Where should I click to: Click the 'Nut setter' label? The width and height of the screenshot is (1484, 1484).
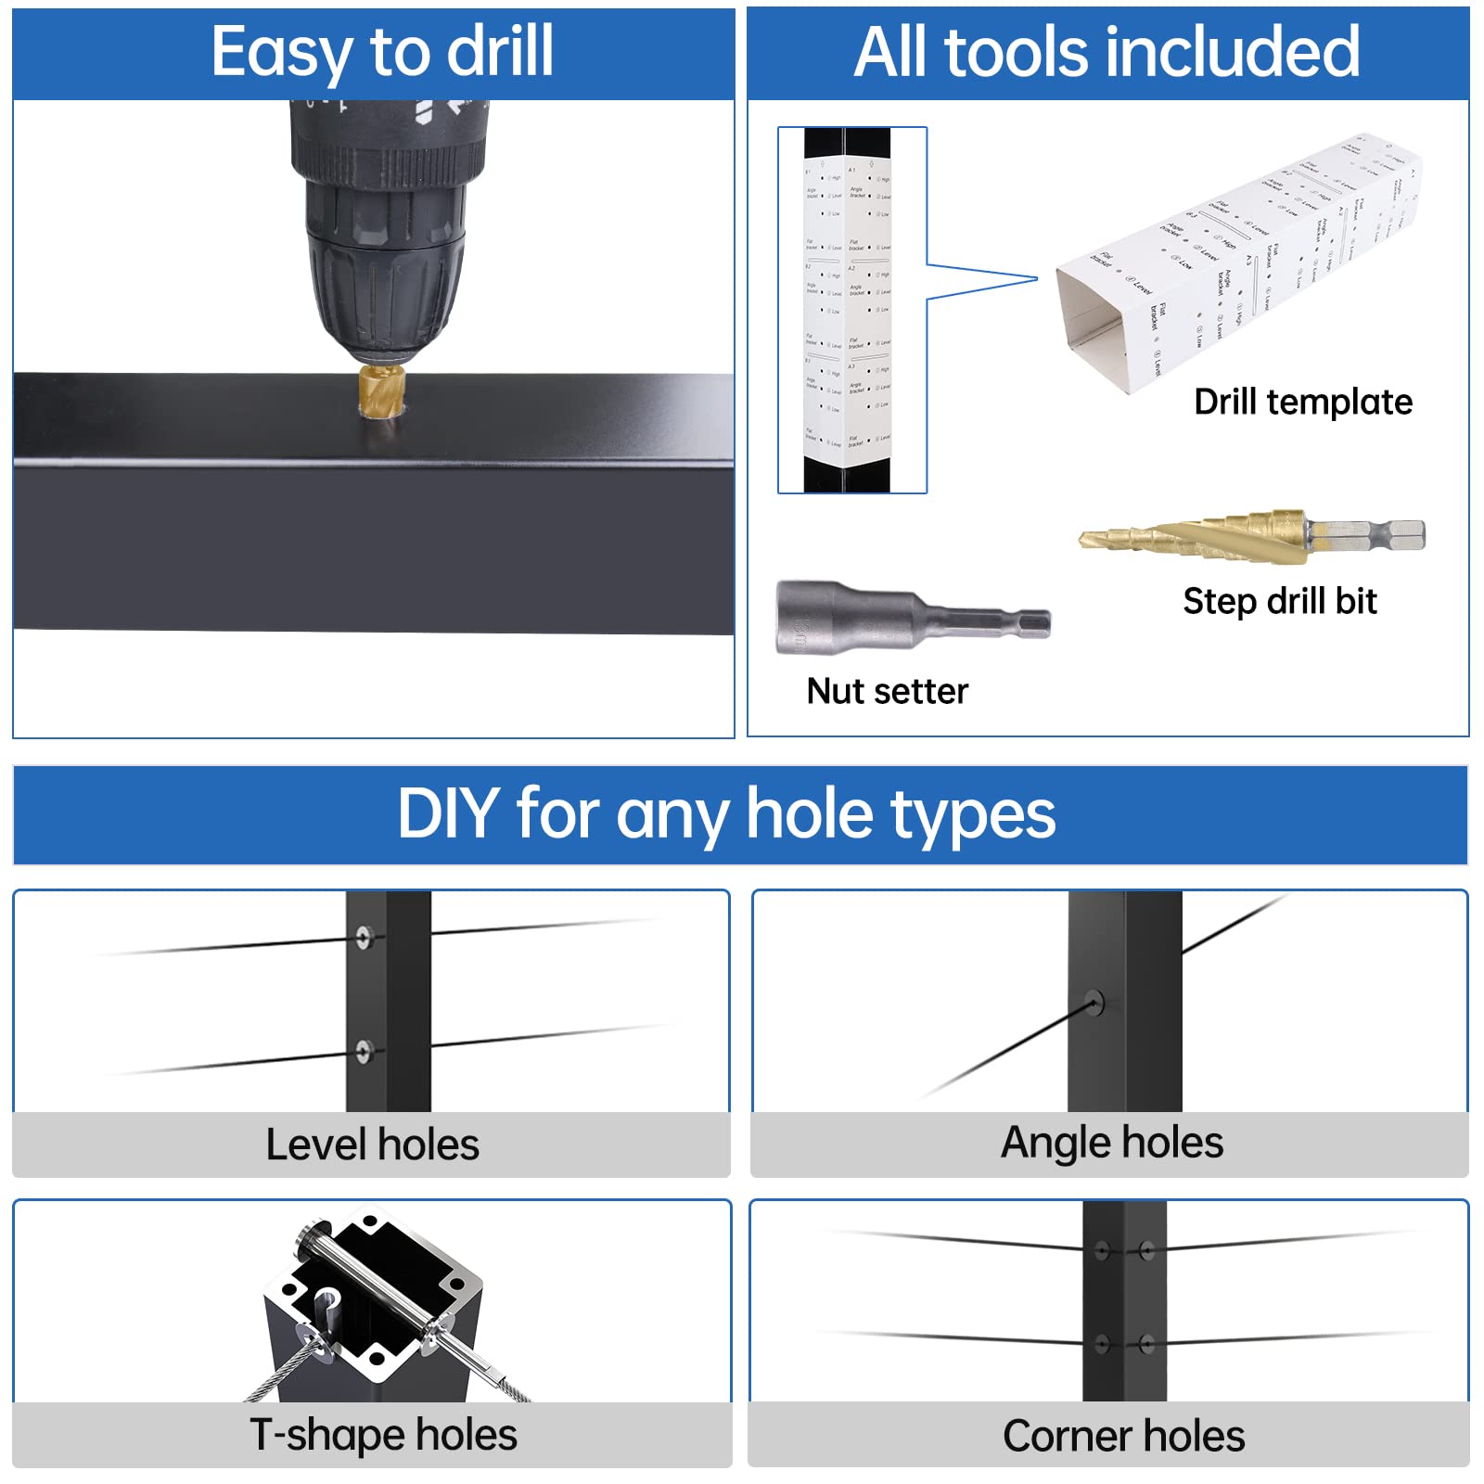tap(887, 692)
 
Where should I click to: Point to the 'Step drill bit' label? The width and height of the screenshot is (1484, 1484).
tap(1279, 602)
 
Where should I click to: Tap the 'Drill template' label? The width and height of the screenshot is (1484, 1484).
tap(1302, 403)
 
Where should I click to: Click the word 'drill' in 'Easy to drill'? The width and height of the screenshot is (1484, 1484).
tap(501, 52)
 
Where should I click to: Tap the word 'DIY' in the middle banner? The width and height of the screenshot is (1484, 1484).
tap(449, 814)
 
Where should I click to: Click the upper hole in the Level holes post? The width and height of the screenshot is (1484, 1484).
tap(364, 937)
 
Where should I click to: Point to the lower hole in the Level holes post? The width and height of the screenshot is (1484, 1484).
tap(364, 1051)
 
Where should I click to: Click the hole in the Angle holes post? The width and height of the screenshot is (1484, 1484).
tap(1095, 1003)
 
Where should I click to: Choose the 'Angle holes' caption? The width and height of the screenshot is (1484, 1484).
tap(1111, 1143)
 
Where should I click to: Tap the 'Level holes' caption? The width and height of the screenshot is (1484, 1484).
tap(372, 1145)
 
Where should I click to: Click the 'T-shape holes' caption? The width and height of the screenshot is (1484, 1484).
tap(383, 1435)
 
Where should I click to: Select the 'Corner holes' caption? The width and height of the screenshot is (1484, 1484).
tap(1123, 1436)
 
